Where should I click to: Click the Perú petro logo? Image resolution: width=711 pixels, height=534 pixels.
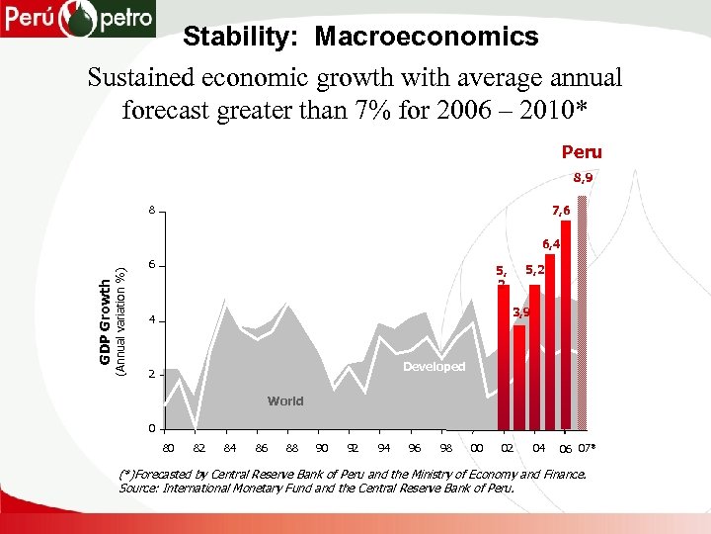pos(78,19)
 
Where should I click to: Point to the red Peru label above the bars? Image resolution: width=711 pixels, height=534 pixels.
pos(582,153)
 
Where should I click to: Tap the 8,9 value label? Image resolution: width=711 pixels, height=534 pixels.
pos(584,180)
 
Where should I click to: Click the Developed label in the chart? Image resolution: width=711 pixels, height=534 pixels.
pos(434,367)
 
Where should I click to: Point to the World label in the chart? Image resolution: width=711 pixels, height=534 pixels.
pos(285,401)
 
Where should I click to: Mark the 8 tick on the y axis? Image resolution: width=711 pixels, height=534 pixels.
pos(151,211)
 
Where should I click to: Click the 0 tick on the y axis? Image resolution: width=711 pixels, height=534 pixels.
pos(151,428)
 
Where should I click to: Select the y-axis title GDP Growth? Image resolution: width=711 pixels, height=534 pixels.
pos(105,320)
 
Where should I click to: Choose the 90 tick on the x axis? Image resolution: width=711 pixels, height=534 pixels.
pos(321,448)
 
